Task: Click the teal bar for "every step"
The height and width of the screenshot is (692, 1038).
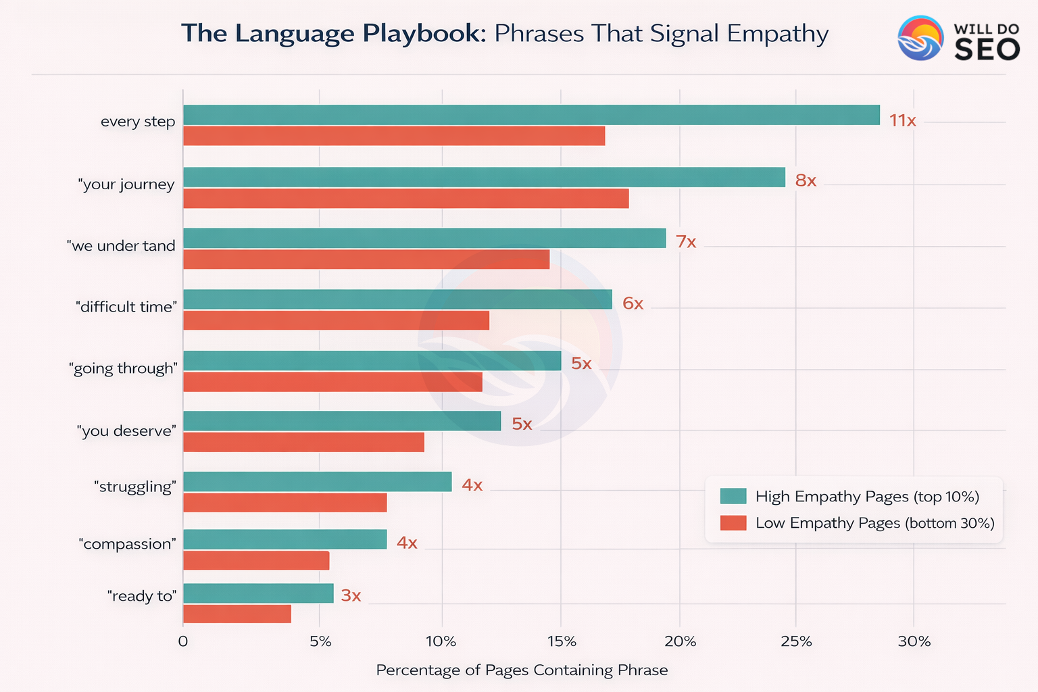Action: [531, 116]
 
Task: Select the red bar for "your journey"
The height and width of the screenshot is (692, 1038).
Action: [405, 199]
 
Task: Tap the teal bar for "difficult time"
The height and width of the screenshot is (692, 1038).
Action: [397, 299]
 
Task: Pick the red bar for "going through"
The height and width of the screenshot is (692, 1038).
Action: [332, 382]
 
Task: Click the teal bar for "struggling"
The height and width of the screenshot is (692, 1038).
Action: [317, 482]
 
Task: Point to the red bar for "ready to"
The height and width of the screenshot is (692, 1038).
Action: [237, 614]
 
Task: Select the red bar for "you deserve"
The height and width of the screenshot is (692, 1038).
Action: [303, 443]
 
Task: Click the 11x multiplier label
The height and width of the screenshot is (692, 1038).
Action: [902, 121]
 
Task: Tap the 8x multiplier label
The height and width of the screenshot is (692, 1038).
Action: [806, 181]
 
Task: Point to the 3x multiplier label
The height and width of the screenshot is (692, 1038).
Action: [351, 596]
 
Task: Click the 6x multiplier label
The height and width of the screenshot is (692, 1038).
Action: [633, 304]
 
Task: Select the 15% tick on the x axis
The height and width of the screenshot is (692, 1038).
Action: [561, 641]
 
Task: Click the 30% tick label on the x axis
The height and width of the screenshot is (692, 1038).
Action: [914, 641]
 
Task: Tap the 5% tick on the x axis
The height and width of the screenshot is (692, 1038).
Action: [321, 641]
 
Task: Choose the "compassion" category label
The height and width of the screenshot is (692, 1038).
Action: [127, 544]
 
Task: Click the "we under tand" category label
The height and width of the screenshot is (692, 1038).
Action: [121, 246]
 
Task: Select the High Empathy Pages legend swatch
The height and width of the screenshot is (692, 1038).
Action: [733, 496]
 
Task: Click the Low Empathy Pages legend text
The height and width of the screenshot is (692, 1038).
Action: [874, 523]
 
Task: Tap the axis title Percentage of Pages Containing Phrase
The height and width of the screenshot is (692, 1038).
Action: [522, 670]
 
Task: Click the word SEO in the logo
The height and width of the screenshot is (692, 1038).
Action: [987, 49]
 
